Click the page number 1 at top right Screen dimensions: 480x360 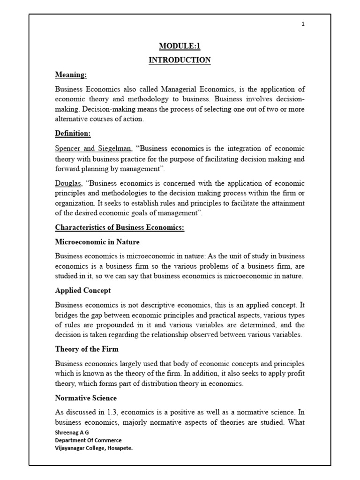303,24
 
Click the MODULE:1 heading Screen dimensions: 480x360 180,46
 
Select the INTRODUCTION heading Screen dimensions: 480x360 180,60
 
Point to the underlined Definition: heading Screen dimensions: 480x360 73,134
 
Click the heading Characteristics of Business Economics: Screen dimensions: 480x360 120,228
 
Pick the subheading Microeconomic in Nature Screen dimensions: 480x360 97,242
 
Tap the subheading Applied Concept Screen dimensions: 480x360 83,291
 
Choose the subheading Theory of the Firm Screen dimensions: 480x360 87,349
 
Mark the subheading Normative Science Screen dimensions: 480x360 86,398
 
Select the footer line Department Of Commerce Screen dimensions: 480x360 88,441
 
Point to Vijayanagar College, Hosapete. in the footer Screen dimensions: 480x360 94,448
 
